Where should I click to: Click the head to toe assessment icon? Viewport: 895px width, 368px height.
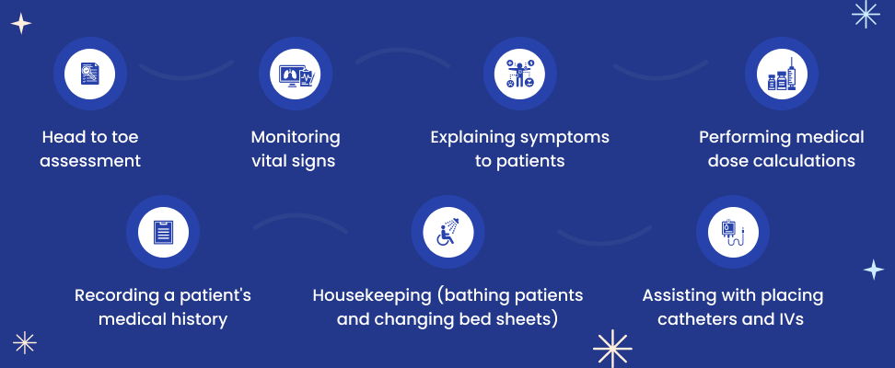89,74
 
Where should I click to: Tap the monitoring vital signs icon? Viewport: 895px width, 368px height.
296,74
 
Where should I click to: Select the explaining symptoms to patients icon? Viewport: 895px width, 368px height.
520,74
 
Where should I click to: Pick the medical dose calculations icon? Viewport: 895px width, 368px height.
782,74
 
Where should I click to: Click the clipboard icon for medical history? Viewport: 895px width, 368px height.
163,232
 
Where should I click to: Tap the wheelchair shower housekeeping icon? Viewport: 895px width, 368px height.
448,232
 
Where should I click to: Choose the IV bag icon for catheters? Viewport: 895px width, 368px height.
733,232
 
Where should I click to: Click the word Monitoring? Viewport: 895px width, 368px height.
296,137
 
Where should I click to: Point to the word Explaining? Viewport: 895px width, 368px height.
473,138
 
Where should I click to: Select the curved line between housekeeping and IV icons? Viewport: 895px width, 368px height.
604,239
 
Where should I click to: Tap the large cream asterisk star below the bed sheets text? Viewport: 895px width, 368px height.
612,349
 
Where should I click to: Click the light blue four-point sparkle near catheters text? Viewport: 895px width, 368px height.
873,270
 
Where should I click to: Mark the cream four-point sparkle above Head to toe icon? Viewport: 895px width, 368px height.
21,24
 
